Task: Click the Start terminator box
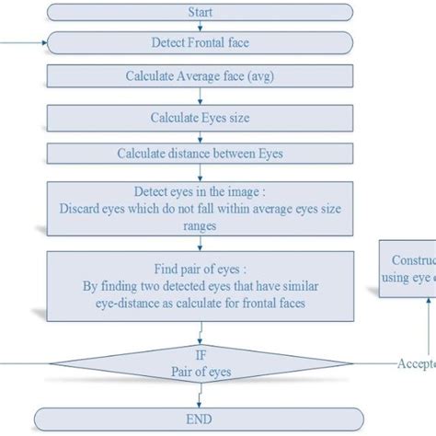[200, 13]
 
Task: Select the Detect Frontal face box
[200, 43]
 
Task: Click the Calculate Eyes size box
[200, 118]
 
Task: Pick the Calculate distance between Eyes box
[200, 153]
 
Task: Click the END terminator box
[200, 419]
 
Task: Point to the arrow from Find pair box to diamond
[200, 330]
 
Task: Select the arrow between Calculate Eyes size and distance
[200, 136]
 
